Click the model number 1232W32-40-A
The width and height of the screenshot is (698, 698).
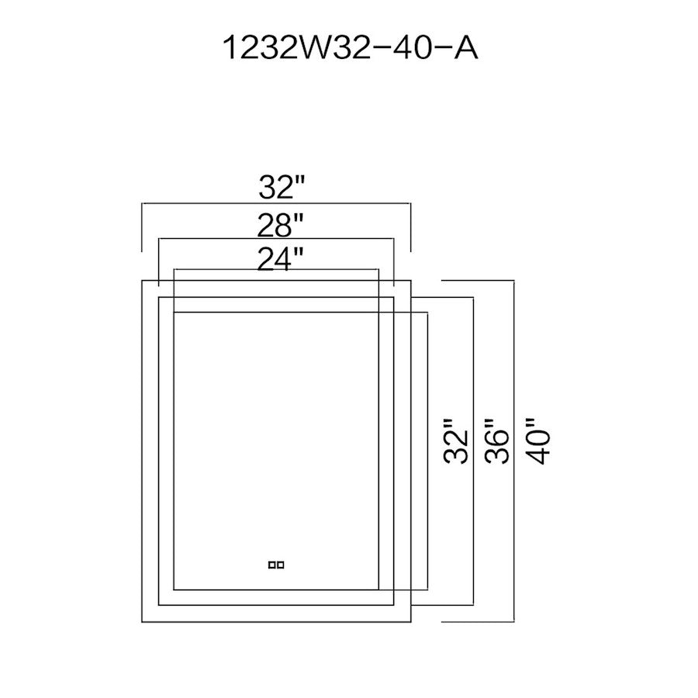[350, 47]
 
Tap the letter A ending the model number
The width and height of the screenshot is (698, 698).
[465, 47]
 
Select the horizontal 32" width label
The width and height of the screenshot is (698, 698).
[282, 187]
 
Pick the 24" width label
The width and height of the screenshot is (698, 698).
[281, 259]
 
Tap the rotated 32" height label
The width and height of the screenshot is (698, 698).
[456, 441]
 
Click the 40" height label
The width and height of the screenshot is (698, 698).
[539, 441]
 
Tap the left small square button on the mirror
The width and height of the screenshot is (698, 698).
[272, 565]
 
